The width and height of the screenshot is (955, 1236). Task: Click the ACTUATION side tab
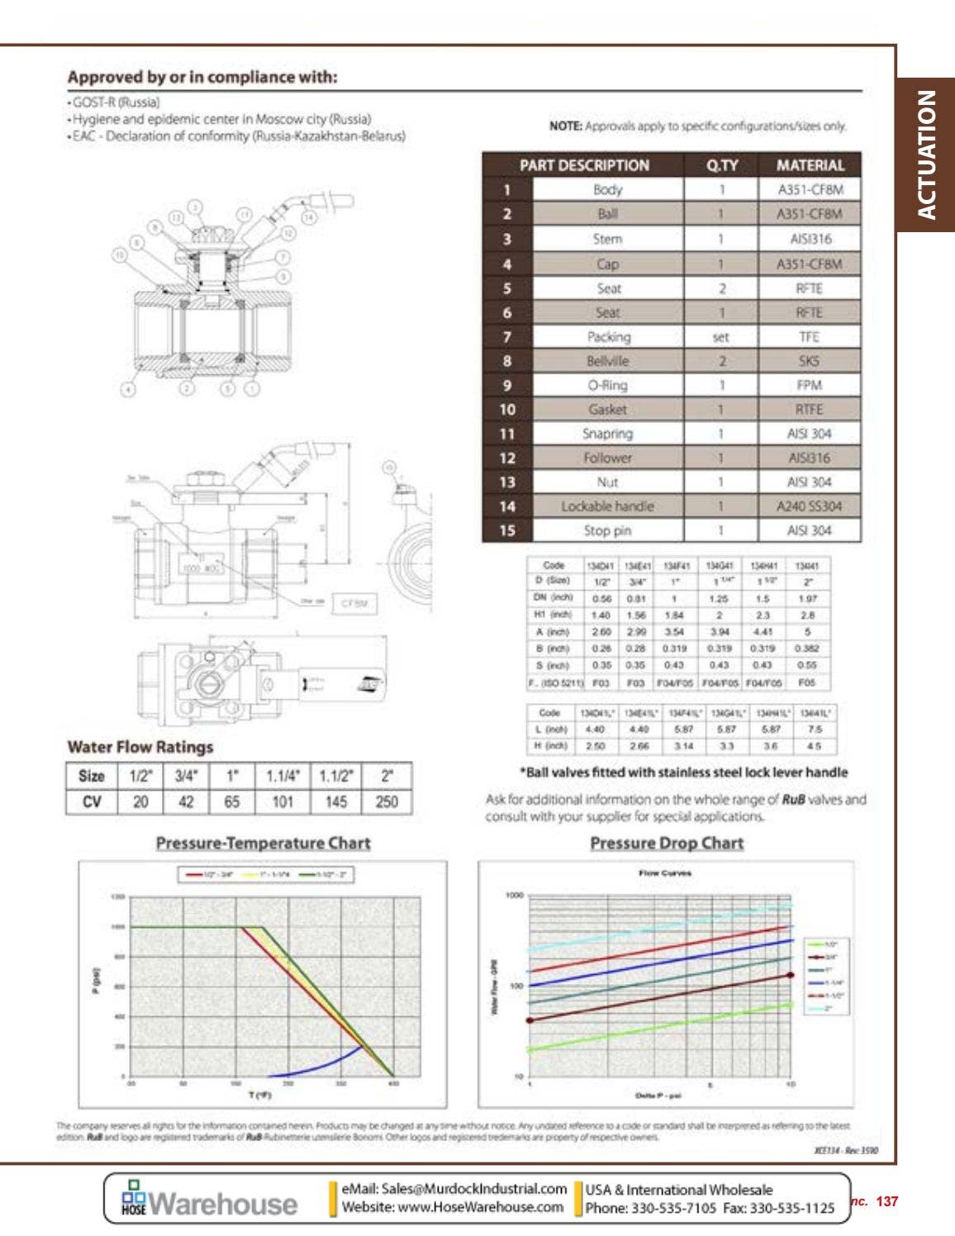(927, 154)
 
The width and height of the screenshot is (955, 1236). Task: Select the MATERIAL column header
(810, 165)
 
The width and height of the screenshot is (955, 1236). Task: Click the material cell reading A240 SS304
(809, 506)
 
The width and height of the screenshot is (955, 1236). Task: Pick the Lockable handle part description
(607, 506)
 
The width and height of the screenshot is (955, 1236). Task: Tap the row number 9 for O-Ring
(507, 386)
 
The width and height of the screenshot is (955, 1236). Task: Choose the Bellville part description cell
(607, 361)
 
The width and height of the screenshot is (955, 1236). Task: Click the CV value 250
(387, 801)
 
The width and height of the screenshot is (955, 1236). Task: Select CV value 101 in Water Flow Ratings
(283, 801)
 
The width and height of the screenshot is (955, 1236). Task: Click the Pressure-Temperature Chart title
(263, 844)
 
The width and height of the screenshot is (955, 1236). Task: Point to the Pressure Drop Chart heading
(666, 844)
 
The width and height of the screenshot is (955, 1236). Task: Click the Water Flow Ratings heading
(140, 747)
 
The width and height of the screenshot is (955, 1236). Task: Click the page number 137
(886, 1201)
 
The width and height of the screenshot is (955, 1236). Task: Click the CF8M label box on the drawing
(353, 604)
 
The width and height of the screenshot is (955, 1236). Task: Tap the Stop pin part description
(607, 530)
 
